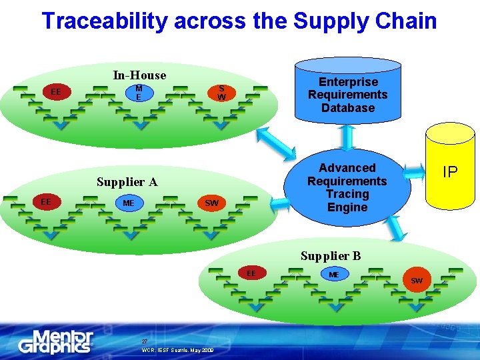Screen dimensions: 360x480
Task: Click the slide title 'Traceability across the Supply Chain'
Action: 239,21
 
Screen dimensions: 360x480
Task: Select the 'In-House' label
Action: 139,75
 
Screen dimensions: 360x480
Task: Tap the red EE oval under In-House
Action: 56,91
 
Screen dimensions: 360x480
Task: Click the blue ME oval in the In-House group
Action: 139,93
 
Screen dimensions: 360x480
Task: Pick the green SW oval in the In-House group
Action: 221,93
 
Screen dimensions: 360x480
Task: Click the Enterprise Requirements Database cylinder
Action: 347,93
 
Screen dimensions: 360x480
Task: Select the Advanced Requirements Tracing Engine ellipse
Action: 347,187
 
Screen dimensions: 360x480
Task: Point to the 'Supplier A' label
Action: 127,181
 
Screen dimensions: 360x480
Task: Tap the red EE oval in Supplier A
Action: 45,201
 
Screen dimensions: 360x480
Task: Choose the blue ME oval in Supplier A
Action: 128,203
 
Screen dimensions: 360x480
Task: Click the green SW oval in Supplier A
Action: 211,203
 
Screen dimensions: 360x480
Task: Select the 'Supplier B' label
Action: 331,255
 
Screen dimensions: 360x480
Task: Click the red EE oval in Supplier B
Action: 251,273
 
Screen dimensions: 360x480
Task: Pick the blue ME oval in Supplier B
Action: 334,274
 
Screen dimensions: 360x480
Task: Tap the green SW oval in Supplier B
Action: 416,280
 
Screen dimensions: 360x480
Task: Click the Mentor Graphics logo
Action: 56,341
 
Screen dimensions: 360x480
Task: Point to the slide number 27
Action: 144,341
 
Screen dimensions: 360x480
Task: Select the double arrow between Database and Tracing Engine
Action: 347,136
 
